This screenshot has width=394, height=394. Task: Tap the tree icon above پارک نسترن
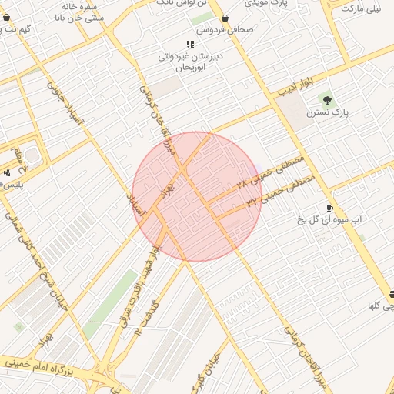point(327,98)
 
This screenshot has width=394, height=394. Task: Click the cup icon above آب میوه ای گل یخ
point(330,209)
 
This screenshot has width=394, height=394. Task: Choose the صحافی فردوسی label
point(225,30)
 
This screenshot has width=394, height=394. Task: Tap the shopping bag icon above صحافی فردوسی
point(225,18)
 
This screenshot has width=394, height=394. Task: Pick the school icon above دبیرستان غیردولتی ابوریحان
point(190,45)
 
